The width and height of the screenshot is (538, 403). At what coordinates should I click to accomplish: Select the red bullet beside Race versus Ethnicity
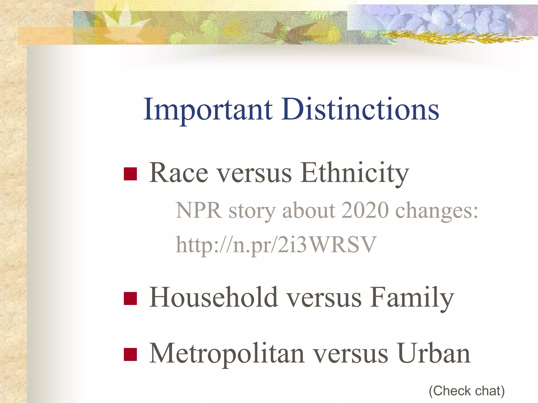pyautogui.click(x=130, y=174)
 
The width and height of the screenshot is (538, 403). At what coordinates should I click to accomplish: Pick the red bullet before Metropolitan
pyautogui.click(x=130, y=354)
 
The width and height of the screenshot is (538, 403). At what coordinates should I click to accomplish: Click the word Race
pyautogui.click(x=179, y=173)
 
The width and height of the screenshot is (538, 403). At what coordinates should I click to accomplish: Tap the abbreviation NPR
pyautogui.click(x=199, y=211)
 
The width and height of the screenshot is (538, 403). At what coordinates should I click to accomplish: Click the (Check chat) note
pyautogui.click(x=467, y=391)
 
